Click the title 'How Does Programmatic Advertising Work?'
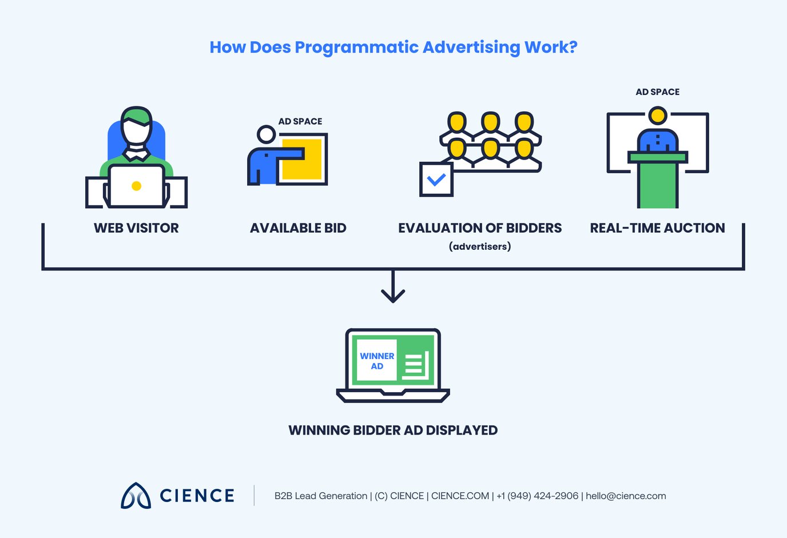pos(393,47)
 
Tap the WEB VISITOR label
pos(136,228)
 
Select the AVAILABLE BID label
pos(298,228)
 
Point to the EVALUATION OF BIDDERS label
pos(480,228)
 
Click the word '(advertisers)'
pos(480,246)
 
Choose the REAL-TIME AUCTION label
pos(657,228)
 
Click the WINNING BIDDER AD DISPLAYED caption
pos(393,431)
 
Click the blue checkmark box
pos(436,180)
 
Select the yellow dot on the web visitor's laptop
pos(136,186)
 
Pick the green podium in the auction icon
pos(658,180)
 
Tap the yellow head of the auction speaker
pos(658,116)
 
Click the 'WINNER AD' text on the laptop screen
pos(377,361)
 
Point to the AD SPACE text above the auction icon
pos(658,92)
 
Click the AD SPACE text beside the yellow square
pos(300,121)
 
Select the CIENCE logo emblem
pos(136,496)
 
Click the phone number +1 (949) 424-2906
pos(537,496)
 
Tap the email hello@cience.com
pos(626,496)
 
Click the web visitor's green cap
pos(137,115)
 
